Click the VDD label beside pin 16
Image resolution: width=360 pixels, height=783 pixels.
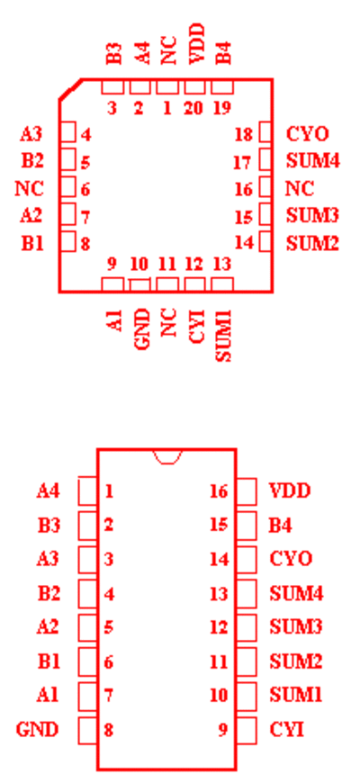[x=290, y=490]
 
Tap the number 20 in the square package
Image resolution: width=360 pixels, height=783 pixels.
[x=193, y=108]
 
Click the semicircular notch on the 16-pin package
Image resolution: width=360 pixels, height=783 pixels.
[x=167, y=457]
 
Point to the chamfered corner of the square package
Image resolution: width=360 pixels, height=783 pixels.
[x=70, y=89]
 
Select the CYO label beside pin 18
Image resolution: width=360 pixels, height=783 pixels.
[x=308, y=134]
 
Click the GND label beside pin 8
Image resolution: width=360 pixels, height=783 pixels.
[x=38, y=730]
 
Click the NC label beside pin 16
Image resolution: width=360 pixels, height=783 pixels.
[x=300, y=189]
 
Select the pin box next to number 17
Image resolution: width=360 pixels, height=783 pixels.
[x=265, y=160]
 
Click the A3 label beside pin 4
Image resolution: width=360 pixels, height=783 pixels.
[x=31, y=134]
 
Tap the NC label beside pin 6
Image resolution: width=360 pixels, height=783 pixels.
[x=30, y=189]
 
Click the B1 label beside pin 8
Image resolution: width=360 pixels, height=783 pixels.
[x=32, y=244]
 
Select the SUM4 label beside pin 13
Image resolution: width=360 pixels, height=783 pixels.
[x=297, y=594]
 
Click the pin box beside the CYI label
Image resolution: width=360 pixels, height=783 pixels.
[x=247, y=731]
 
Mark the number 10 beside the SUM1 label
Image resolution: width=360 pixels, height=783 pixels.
[x=219, y=695]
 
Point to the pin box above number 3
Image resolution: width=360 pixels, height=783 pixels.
[x=112, y=87]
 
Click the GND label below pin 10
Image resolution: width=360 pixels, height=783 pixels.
[x=142, y=329]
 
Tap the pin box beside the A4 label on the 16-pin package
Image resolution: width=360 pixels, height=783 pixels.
[x=87, y=491]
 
